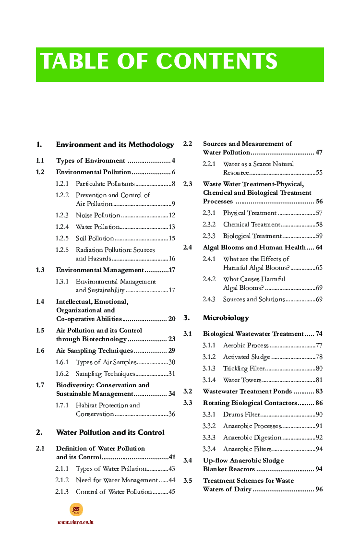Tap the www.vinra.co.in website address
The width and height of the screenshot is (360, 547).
pyautogui.click(x=75, y=522)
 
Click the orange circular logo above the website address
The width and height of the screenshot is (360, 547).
pyautogui.click(x=76, y=509)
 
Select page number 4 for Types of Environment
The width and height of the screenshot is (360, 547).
pyautogui.click(x=173, y=161)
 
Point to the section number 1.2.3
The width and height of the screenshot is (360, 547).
pyautogui.click(x=62, y=215)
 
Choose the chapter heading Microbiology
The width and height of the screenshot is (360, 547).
pyautogui.click(x=226, y=318)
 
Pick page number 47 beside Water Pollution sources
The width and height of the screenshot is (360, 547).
pyautogui.click(x=319, y=153)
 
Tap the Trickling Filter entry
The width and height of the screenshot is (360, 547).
pyautogui.click(x=242, y=369)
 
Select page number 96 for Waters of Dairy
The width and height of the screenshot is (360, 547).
pyautogui.click(x=319, y=489)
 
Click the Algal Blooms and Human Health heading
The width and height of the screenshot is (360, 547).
pyautogui.click(x=254, y=248)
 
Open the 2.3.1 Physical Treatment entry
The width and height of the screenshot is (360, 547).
pyautogui.click(x=249, y=213)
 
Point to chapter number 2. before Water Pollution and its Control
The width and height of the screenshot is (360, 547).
pyautogui.click(x=39, y=432)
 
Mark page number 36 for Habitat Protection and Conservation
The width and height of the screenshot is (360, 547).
pyautogui.click(x=171, y=414)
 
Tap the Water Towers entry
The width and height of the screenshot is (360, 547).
pyautogui.click(x=242, y=380)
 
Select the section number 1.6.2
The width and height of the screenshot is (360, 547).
pyautogui.click(x=62, y=374)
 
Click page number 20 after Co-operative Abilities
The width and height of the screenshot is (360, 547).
pyautogui.click(x=171, y=319)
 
